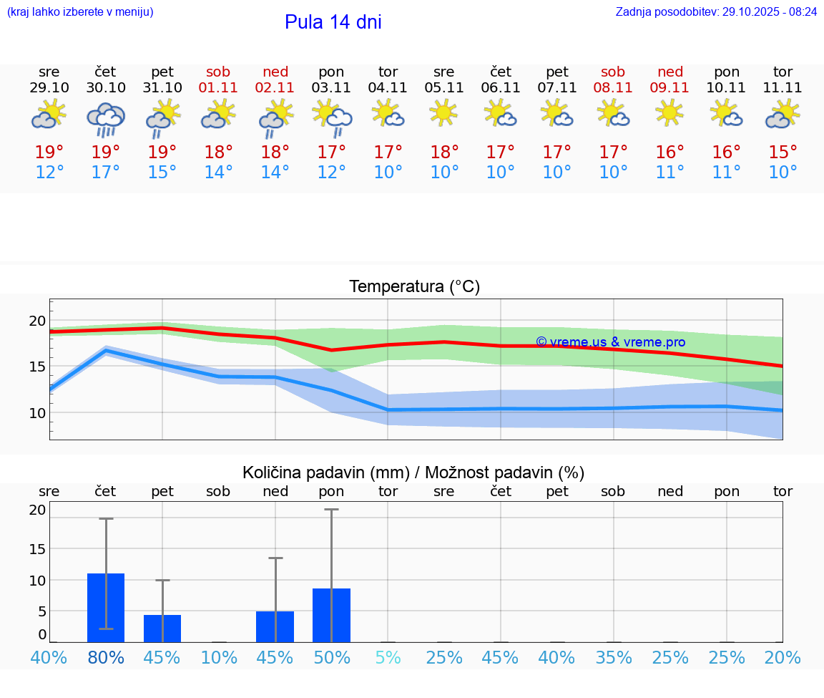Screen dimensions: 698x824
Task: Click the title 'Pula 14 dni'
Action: (333, 22)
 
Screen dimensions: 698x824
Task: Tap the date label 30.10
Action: (106, 88)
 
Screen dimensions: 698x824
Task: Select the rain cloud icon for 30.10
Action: (106, 120)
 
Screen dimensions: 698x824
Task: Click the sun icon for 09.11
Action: (670, 113)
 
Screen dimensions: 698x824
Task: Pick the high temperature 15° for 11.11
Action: (783, 152)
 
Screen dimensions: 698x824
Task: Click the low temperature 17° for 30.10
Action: (106, 173)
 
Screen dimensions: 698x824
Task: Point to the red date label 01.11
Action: (218, 88)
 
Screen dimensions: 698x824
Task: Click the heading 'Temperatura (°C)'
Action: (414, 287)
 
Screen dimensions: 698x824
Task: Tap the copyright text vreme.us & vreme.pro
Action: (610, 342)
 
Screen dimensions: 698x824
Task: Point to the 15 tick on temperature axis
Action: (36, 367)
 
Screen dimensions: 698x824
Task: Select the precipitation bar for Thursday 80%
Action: (106, 608)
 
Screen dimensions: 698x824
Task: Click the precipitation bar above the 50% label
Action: (331, 615)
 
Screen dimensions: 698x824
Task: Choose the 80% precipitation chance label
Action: (106, 657)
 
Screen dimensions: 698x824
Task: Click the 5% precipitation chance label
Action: (388, 657)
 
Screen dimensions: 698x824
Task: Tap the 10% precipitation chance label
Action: (218, 657)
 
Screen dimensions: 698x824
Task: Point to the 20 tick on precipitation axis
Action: (37, 510)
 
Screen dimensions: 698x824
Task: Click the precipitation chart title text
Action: (413, 472)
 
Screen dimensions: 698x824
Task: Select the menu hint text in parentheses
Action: (79, 11)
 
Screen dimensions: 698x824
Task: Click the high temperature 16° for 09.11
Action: (670, 152)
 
